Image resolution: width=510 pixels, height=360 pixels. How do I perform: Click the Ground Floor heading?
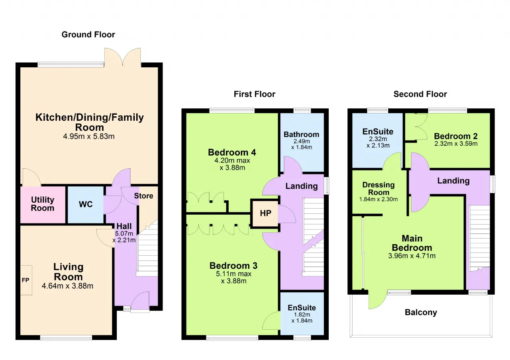click(x=88, y=35)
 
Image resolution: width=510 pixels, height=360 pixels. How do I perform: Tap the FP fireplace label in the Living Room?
click(x=25, y=280)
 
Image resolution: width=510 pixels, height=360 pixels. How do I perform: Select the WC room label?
click(x=86, y=204)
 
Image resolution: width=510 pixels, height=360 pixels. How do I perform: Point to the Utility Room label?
click(x=43, y=203)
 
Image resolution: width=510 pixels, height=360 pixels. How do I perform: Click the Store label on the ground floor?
click(x=143, y=196)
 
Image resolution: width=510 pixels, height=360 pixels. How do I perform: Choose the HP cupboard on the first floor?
click(x=265, y=213)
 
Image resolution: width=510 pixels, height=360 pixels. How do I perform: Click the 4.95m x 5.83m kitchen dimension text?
click(x=89, y=136)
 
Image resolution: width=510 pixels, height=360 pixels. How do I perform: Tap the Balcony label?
click(x=421, y=313)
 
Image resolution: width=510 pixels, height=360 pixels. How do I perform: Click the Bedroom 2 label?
click(x=455, y=136)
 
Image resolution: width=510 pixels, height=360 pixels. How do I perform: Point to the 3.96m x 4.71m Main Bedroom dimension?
click(x=412, y=256)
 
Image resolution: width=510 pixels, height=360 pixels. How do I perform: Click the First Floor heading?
click(x=254, y=94)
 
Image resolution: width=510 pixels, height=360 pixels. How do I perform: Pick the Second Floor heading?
click(x=420, y=94)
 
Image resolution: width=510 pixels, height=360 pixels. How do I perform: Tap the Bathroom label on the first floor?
click(x=302, y=135)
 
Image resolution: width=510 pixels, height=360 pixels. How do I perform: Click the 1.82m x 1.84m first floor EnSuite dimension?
click(x=302, y=317)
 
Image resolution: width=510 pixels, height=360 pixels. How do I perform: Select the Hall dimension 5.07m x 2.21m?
click(x=124, y=237)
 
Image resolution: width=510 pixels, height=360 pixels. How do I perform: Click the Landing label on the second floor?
click(x=453, y=181)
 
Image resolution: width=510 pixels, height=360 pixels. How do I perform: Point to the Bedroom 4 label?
click(x=232, y=152)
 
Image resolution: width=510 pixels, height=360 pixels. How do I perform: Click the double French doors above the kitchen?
click(x=122, y=57)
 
